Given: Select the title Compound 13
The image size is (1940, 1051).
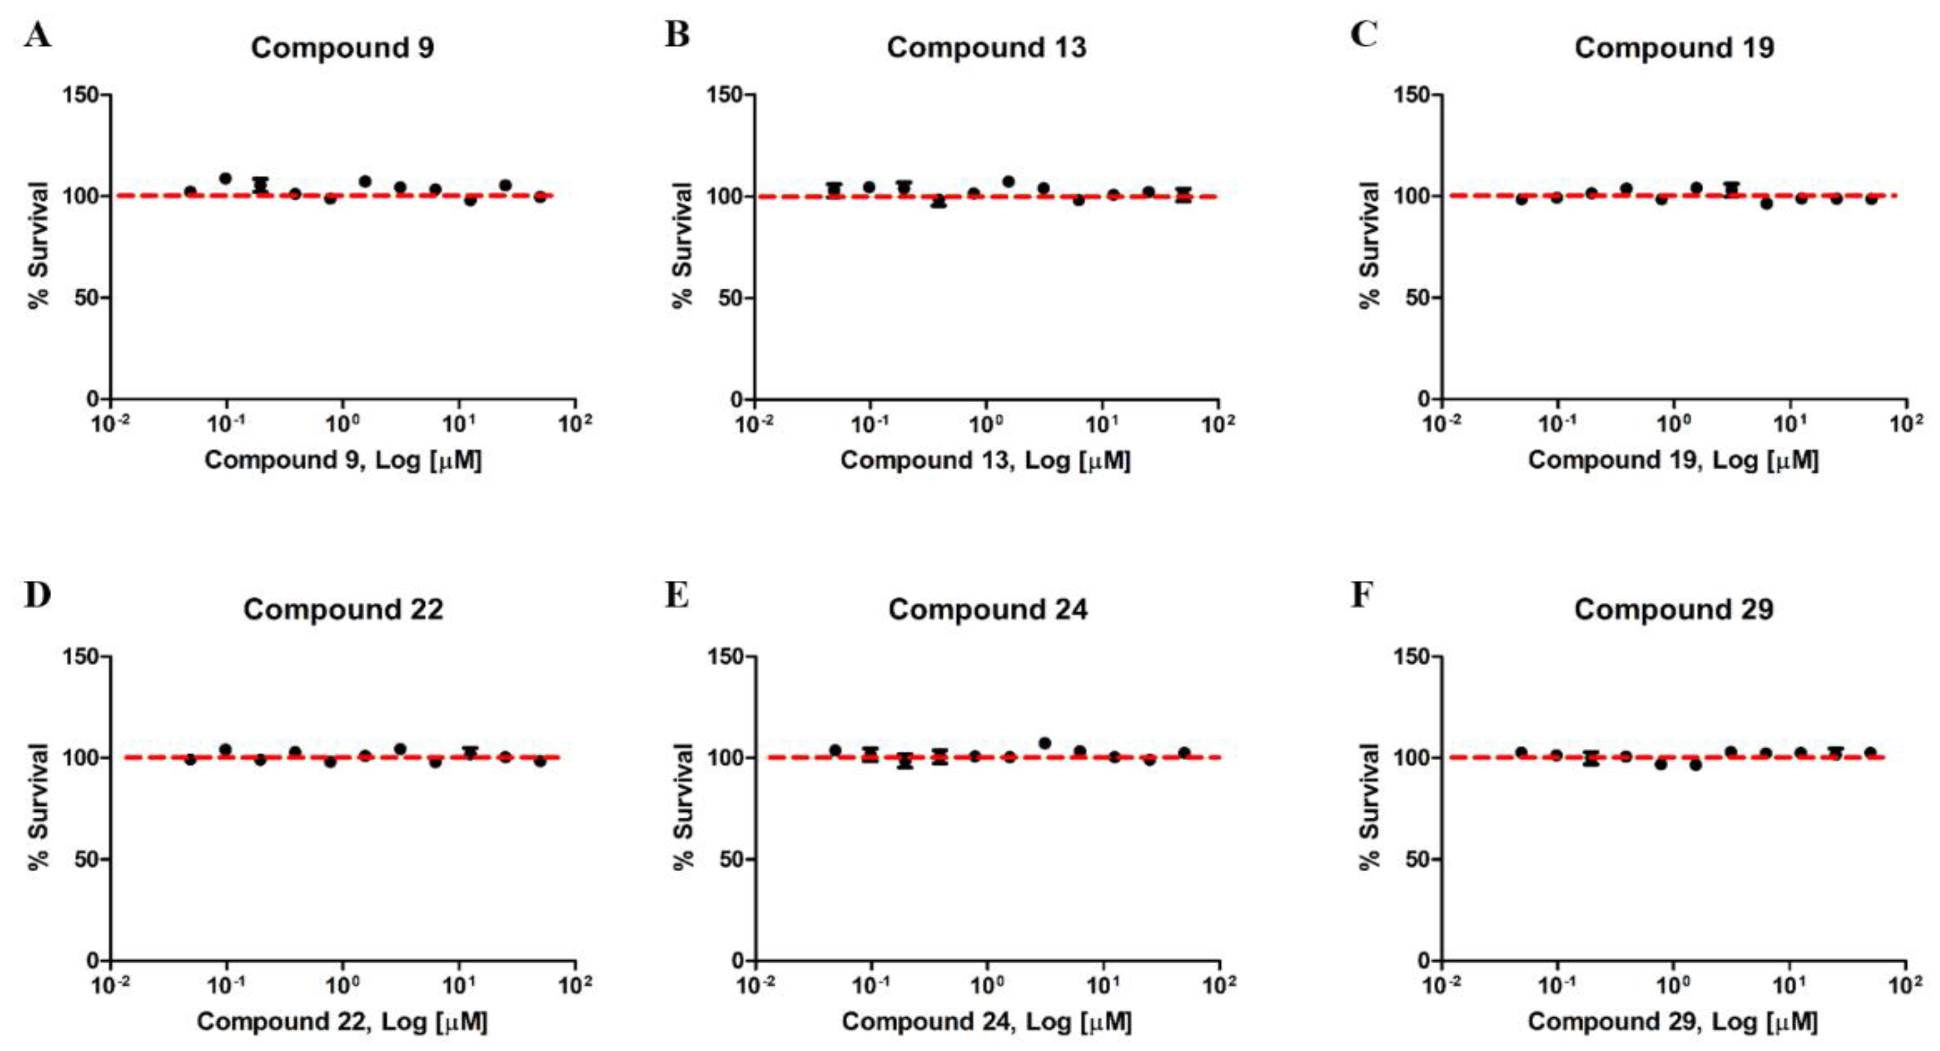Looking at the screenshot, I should [x=986, y=48].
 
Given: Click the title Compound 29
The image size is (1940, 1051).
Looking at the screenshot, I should [x=1673, y=609].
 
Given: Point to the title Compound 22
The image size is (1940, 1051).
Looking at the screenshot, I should [x=343, y=609].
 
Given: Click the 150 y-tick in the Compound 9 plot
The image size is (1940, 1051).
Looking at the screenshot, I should [x=82, y=95].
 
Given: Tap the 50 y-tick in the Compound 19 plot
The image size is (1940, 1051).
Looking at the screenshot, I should [x=1420, y=297].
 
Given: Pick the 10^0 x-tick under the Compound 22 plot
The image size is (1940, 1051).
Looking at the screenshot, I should [x=342, y=984].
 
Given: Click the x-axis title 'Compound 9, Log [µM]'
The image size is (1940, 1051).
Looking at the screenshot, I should [x=343, y=460].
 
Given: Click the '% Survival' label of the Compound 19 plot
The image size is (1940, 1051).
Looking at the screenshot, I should [x=1369, y=245].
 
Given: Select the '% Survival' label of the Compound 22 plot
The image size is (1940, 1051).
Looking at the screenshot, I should [x=38, y=806].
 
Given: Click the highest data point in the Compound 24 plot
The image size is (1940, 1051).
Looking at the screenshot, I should [x=1044, y=743].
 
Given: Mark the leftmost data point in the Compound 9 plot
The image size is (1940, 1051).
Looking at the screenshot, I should [x=190, y=191].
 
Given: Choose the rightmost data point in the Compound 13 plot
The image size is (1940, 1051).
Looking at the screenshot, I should [x=1183, y=194].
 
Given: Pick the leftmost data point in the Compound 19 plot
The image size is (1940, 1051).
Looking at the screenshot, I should [x=1521, y=199].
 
